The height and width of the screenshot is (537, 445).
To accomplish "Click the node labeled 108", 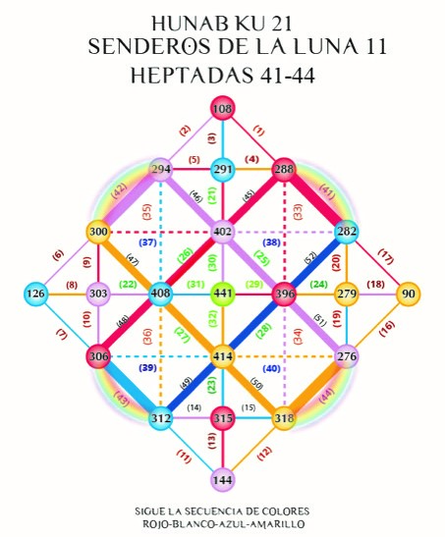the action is click(x=223, y=109).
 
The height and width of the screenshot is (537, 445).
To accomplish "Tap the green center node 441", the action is click(x=223, y=294).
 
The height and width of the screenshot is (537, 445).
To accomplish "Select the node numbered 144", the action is click(x=223, y=479).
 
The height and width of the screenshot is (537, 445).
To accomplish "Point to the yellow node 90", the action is click(x=408, y=294).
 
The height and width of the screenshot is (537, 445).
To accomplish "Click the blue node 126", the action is click(x=36, y=294).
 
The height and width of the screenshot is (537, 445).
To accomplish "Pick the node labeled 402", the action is click(x=223, y=232).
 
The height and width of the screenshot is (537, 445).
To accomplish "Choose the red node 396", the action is click(x=284, y=294).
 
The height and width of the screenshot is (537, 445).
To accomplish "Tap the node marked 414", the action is click(x=223, y=356).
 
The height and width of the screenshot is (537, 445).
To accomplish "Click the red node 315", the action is click(x=223, y=418).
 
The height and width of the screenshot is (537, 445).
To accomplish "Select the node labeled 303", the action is click(x=98, y=294).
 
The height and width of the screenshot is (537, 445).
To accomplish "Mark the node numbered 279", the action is click(x=347, y=294).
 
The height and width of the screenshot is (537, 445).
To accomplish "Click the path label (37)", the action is click(x=147, y=242).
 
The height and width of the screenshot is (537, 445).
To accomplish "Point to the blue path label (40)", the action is click(x=272, y=368).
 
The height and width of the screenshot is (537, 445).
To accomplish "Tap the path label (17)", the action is click(x=385, y=257).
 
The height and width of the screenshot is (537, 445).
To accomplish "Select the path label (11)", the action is click(x=184, y=456).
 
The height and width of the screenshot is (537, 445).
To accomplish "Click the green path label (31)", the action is click(x=195, y=285).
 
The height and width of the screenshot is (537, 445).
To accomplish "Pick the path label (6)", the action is click(x=59, y=255).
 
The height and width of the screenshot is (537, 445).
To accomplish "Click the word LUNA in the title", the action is click(x=323, y=46).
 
